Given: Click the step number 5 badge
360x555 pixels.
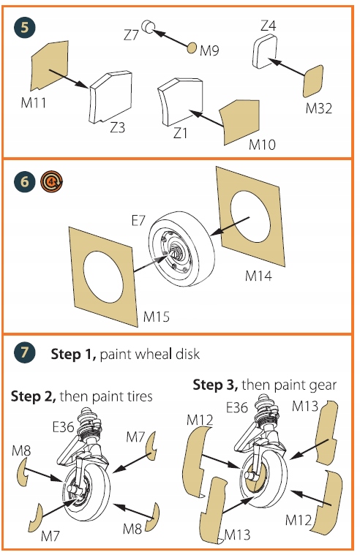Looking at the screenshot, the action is point(24,27).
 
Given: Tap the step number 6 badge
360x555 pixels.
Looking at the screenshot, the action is point(24,182).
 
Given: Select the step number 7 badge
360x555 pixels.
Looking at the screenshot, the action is point(24,352).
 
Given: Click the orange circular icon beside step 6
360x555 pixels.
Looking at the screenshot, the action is point(52,182).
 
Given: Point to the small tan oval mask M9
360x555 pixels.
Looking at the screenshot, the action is point(192,48).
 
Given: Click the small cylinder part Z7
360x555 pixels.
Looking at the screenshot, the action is point(148,26).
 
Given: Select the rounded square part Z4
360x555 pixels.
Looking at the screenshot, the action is point(265,50).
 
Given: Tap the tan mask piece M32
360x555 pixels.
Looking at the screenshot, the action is point(313,81).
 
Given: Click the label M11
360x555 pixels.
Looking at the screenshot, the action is point(34,103).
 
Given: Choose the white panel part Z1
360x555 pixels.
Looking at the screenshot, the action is point(181,102).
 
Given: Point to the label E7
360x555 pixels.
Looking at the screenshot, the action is point(138,221).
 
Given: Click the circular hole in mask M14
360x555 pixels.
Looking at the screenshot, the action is point(250,216).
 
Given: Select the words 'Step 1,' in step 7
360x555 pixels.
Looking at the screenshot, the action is point(73,354).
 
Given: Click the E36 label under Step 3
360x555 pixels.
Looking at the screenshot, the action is point(236,408).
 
